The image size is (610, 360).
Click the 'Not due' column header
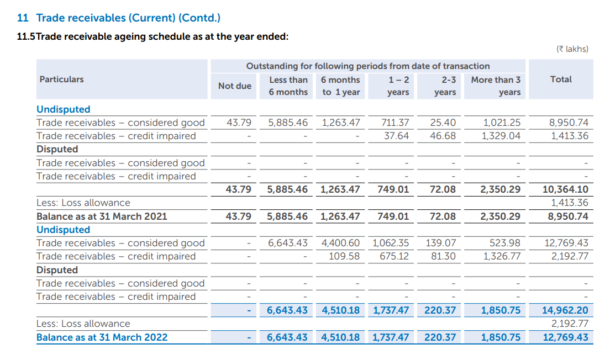pyautogui.click(x=234, y=86)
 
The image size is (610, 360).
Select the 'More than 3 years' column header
pyautogui.click(x=496, y=86)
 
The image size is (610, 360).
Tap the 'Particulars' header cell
pyautogui.click(x=61, y=80)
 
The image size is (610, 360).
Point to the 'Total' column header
pyautogui.click(x=561, y=80)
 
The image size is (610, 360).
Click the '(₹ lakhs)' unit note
pyautogui.click(x=572, y=49)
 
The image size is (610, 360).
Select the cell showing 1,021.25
pyautogui.click(x=501, y=123)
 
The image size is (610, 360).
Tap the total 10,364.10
pyautogui.click(x=565, y=189)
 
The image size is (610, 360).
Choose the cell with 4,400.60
pyautogui.click(x=340, y=243)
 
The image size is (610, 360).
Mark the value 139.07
pyautogui.click(x=441, y=243)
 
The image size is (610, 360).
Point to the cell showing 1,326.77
pyautogui.click(x=501, y=256)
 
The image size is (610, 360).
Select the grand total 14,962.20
pyautogui.click(x=565, y=310)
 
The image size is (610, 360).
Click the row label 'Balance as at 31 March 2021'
pyautogui.click(x=102, y=216)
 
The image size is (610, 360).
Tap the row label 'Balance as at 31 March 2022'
pyautogui.click(x=102, y=337)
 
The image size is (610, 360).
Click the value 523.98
pyautogui.click(x=505, y=243)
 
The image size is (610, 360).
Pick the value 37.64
pyautogui.click(x=396, y=136)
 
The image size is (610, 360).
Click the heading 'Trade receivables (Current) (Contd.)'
pyautogui.click(x=128, y=18)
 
